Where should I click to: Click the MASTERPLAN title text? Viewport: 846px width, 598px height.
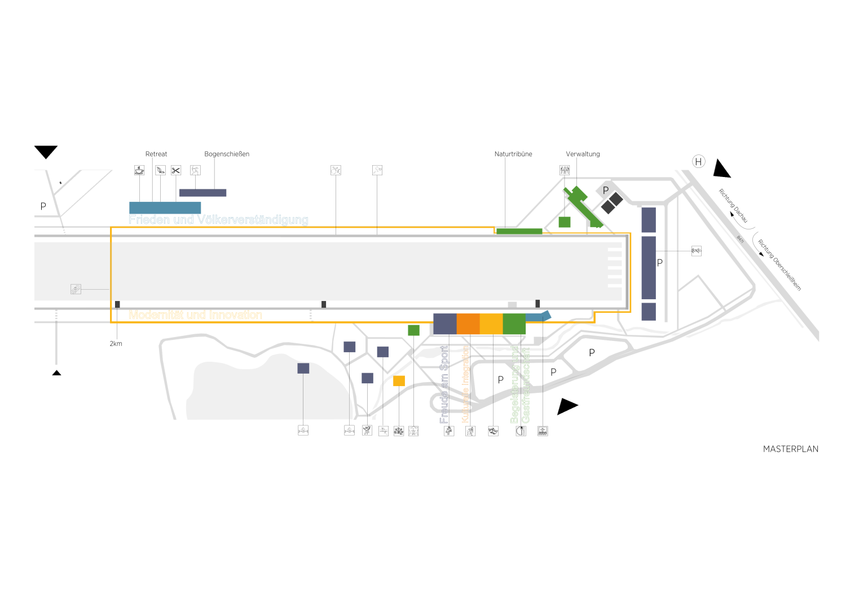790,449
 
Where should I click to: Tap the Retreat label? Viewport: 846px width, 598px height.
156,154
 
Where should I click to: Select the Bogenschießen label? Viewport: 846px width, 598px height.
227,154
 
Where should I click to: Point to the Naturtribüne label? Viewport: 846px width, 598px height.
513,154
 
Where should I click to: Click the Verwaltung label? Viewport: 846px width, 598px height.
583,154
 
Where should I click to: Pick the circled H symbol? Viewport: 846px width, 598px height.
698,162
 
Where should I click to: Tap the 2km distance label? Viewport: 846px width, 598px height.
116,344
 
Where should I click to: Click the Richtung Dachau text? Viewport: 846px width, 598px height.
733,206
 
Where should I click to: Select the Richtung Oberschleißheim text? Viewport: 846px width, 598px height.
779,265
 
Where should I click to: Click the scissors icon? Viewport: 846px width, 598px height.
176,170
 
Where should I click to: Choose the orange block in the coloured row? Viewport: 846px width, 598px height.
468,324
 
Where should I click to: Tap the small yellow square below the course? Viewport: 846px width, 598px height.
399,381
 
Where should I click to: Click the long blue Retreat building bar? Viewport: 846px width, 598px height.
165,207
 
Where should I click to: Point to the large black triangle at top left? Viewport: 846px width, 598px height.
46,151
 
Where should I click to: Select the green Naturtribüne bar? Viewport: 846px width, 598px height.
519,231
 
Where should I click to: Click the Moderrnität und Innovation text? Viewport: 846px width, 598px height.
195,314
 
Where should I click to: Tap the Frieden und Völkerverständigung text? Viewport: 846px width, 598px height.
218,220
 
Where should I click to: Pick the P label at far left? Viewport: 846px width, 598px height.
43,206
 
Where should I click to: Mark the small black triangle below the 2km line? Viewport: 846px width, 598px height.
56,373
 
